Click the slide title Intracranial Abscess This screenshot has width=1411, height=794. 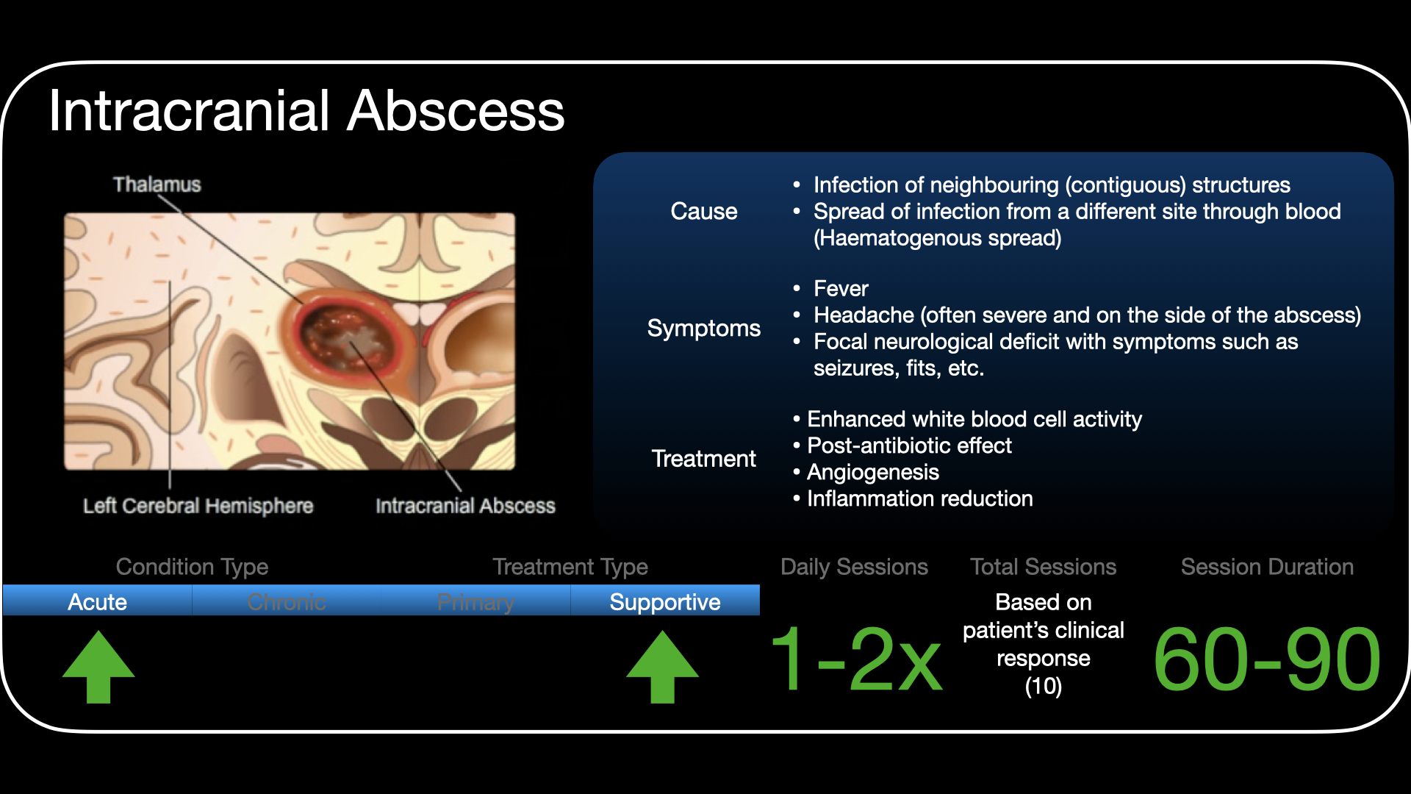point(306,111)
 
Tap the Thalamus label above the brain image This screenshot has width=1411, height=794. point(157,184)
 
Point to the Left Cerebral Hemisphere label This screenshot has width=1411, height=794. point(198,506)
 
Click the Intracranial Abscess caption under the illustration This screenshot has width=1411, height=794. point(465,506)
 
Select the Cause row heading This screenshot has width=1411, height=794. point(703,211)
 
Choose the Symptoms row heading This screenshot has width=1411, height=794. point(703,328)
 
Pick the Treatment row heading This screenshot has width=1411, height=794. point(703,459)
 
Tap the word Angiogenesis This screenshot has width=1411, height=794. point(873,472)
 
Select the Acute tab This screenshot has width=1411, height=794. point(98,601)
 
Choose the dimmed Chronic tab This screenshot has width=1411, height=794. point(287,601)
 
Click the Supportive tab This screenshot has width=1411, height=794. point(665,601)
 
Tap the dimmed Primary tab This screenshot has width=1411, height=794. point(475,601)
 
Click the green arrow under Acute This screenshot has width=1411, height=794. point(98,666)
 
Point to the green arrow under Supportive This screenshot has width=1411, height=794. point(662,666)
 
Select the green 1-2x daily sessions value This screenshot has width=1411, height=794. point(856,659)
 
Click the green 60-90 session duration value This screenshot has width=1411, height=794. point(1267,659)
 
